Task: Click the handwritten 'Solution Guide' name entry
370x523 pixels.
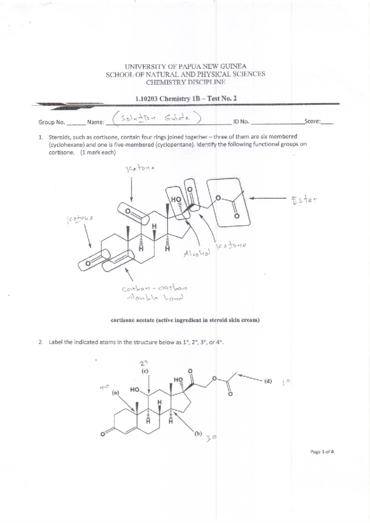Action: [158, 119]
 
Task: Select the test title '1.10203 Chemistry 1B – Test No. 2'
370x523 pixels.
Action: [186, 99]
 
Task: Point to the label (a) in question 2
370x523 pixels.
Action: [115, 392]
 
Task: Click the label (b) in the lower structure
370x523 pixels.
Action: [198, 434]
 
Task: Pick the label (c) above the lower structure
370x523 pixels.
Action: [145, 371]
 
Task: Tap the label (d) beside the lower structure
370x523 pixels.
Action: [268, 381]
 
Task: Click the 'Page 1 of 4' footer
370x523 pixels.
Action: [322, 452]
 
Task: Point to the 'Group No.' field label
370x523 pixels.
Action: [51, 122]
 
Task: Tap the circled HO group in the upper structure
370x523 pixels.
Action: [177, 200]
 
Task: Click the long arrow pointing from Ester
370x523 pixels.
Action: [269, 198]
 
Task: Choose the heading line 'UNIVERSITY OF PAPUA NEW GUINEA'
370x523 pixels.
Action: [185, 66]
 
